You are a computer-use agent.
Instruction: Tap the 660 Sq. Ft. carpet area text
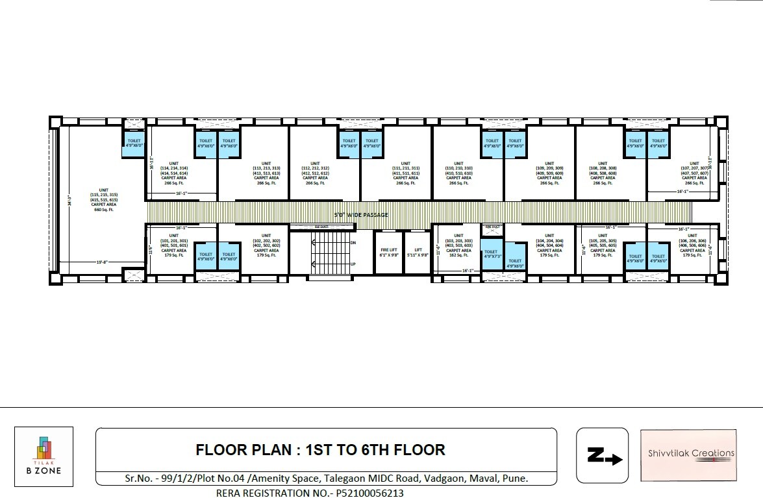coord(103,210)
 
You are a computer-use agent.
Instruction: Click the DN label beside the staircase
coord(353,242)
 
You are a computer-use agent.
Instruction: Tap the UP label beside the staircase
coord(353,264)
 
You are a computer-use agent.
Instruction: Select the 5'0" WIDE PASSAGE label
coord(361,214)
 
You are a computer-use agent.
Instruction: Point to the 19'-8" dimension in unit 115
coord(102,262)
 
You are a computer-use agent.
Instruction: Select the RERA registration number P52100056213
coord(310,493)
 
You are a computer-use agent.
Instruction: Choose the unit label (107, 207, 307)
coord(692,168)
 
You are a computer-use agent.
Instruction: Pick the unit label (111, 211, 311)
coord(405,168)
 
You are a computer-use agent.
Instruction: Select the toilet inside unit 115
coord(134,143)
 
